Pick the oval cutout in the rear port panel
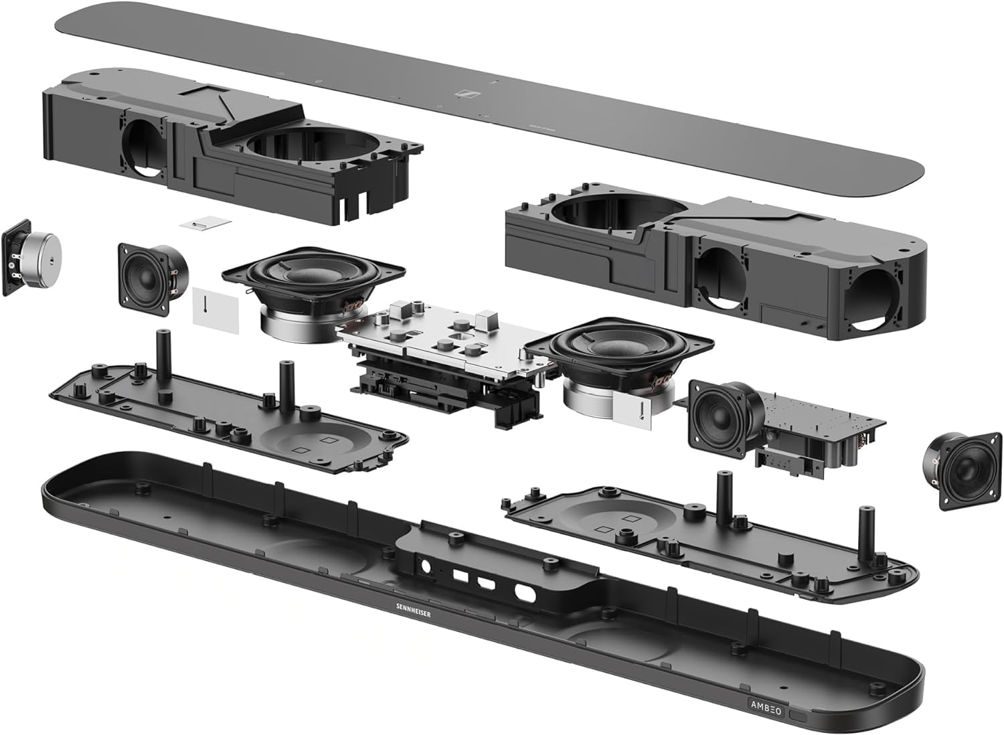(x=524, y=592)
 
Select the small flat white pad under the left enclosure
(x=205, y=223)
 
